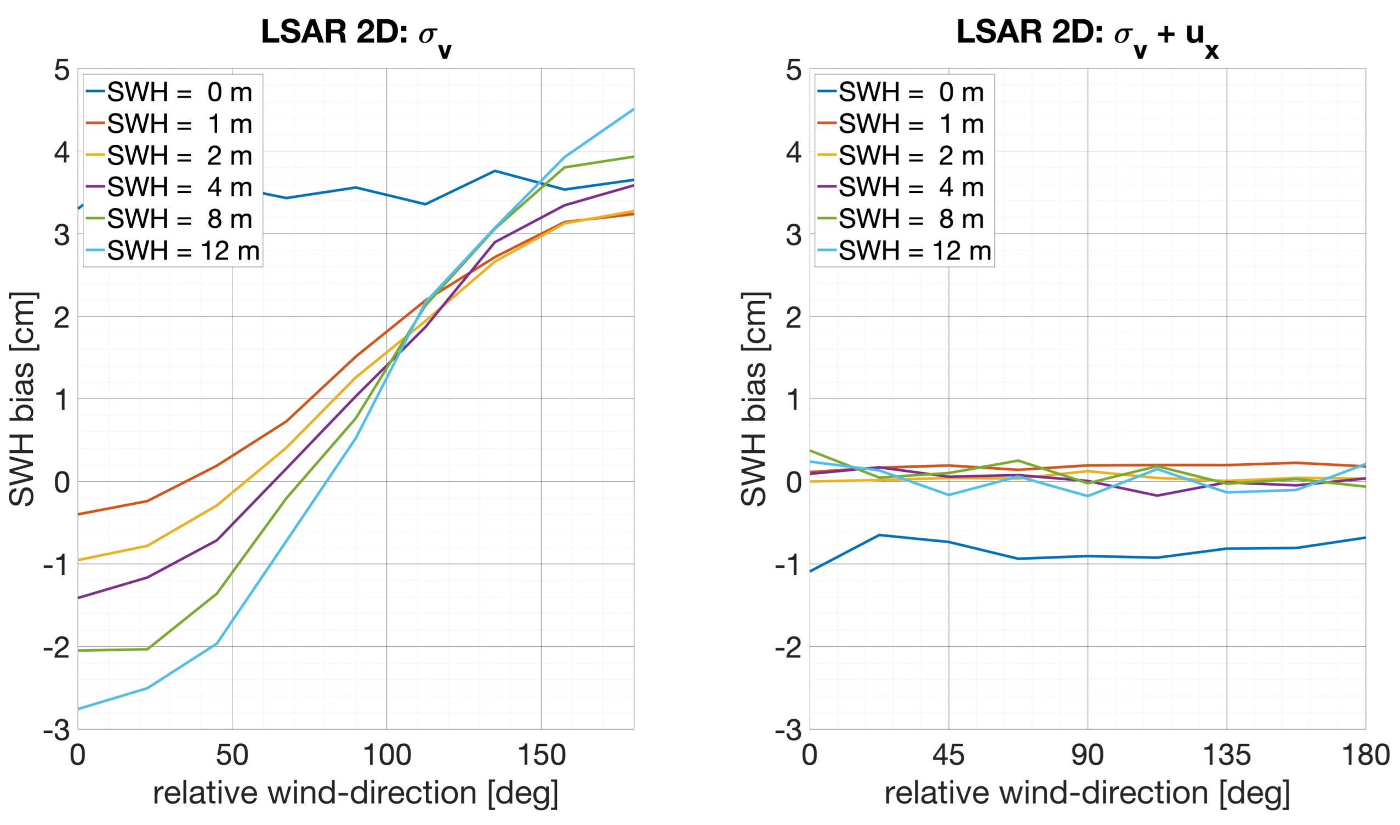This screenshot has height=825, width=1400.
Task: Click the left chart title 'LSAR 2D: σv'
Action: coord(356,35)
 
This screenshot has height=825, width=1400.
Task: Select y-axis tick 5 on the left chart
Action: coord(62,71)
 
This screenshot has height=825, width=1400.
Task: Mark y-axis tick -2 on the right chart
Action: coord(788,647)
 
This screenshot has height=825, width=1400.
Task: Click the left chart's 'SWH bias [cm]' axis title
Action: coord(24,399)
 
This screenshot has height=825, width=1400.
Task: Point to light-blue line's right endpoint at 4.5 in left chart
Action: coord(633,110)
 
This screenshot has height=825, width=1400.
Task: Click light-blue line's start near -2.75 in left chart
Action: coord(78,709)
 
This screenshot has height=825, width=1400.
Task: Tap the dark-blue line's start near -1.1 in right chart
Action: coord(810,572)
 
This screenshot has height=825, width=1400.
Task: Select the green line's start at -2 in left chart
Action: coord(78,651)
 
